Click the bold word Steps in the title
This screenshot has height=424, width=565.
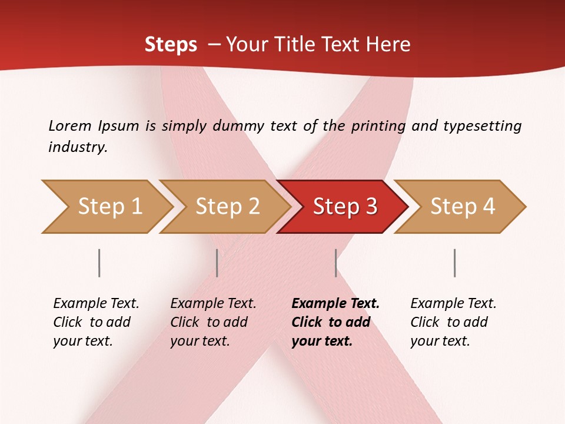(x=171, y=44)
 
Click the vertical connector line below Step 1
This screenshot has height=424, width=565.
(x=99, y=263)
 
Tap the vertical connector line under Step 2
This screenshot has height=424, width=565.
(x=217, y=263)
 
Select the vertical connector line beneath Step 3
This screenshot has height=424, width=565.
(x=336, y=263)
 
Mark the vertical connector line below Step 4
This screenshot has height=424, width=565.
(x=455, y=263)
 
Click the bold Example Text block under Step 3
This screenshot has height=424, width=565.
(x=335, y=322)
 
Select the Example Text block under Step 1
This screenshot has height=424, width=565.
(x=96, y=322)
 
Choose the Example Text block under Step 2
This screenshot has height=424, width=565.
(x=213, y=322)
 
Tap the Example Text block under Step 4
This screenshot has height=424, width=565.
(x=453, y=322)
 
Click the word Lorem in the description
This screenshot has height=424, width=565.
(x=70, y=125)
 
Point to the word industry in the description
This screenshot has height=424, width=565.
(x=78, y=147)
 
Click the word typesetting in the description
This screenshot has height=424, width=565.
(x=482, y=125)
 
